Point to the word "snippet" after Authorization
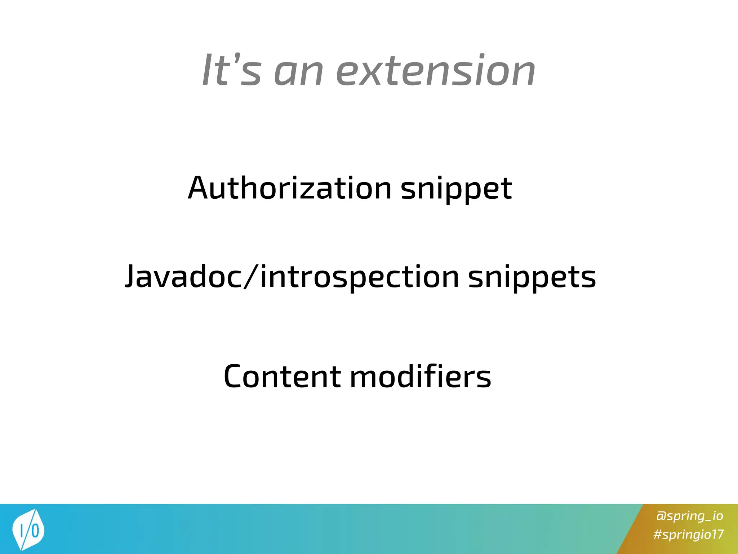456,189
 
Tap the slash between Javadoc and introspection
251,277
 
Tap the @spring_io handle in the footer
689,516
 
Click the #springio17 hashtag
688,534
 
